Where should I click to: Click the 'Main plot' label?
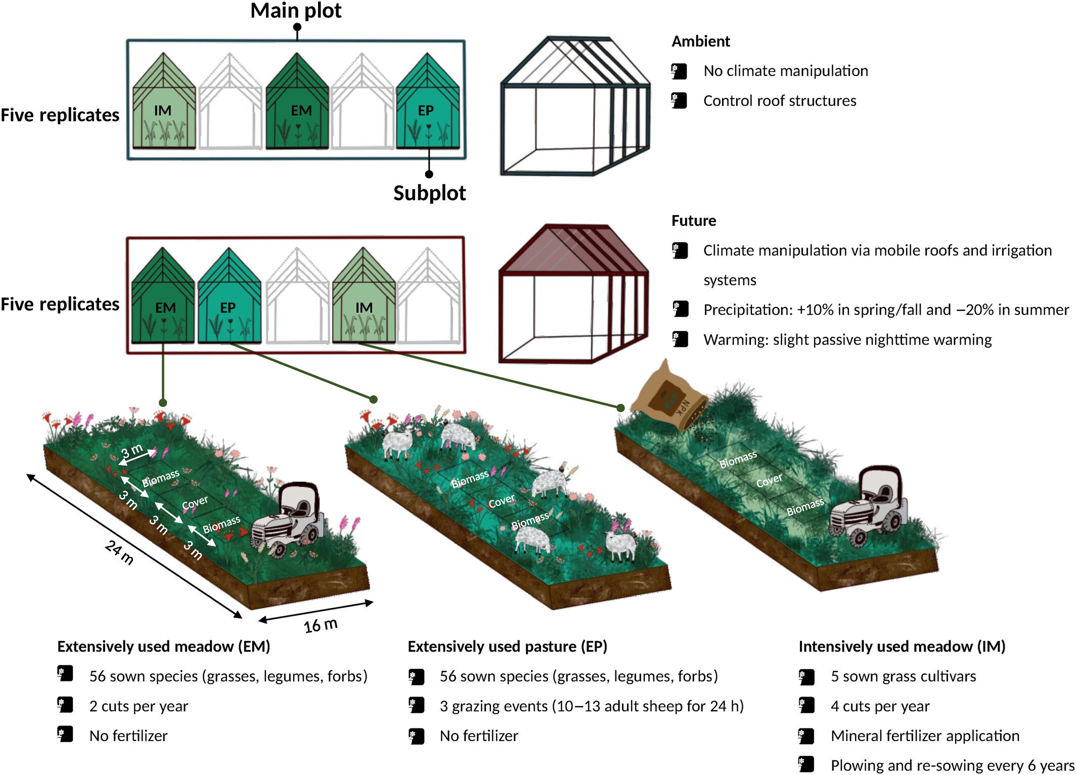coord(296,11)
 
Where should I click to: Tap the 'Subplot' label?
coord(429,193)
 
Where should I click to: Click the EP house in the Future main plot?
coord(229,298)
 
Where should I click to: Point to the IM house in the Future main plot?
coord(364,298)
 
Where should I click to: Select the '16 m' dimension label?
coord(321,625)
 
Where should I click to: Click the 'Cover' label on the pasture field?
coord(501,501)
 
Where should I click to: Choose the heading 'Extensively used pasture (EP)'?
coord(507,647)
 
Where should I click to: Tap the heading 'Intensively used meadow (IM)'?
coord(902,647)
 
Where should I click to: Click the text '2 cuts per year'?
coord(139,706)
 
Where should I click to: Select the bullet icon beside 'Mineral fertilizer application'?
coord(806,736)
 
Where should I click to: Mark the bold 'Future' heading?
coord(693,221)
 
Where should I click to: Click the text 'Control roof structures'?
coord(779,101)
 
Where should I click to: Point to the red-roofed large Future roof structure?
coord(573,293)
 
